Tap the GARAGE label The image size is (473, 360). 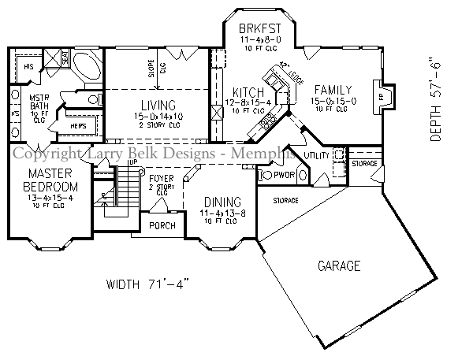[x=340, y=265]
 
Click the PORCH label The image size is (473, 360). [x=162, y=226]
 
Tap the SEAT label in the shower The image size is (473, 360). [x=65, y=58]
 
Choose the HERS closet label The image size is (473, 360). [x=78, y=126]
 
